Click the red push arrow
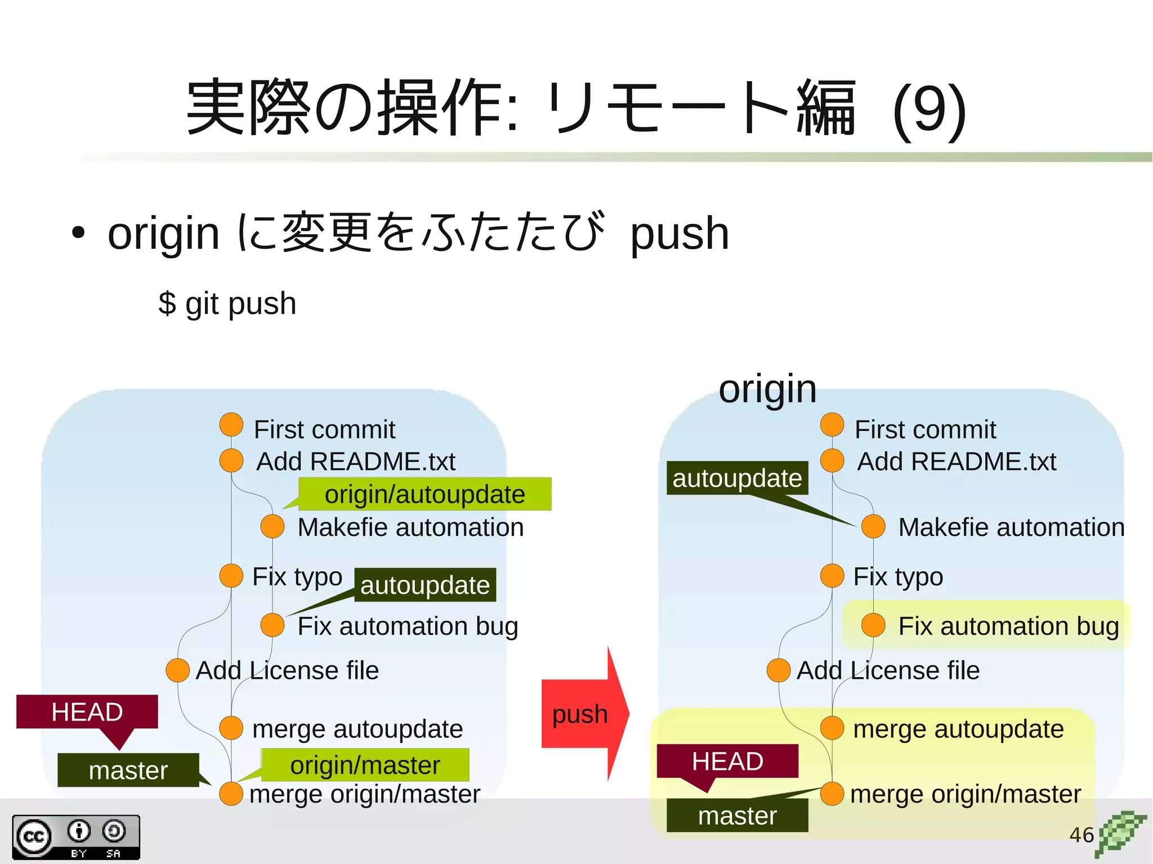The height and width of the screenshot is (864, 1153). pos(583,714)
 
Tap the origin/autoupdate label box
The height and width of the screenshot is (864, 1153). pos(425,494)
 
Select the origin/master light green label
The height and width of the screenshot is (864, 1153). pos(365,765)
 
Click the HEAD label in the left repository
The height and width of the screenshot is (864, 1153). pos(87,712)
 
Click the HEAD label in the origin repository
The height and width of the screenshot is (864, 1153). pos(727,761)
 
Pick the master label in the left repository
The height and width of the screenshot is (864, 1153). pos(128,770)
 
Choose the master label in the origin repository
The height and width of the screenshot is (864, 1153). pos(737,816)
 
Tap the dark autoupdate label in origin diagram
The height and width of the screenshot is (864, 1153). pos(737,478)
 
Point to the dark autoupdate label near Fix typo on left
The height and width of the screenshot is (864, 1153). pos(425,585)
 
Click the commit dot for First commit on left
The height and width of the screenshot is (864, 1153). pos(231,424)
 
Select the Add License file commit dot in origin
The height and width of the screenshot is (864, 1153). pos(779,670)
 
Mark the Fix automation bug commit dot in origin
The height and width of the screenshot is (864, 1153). pos(873,625)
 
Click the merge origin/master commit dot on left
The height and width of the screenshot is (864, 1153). pos(231,794)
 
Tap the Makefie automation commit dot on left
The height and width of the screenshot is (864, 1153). pos(272,527)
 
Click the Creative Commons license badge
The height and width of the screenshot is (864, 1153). pos(76,837)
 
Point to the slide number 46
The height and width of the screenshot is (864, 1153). pos(1081,835)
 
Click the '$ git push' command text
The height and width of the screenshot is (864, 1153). pos(227,303)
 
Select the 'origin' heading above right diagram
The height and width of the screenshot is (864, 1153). pos(767,388)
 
